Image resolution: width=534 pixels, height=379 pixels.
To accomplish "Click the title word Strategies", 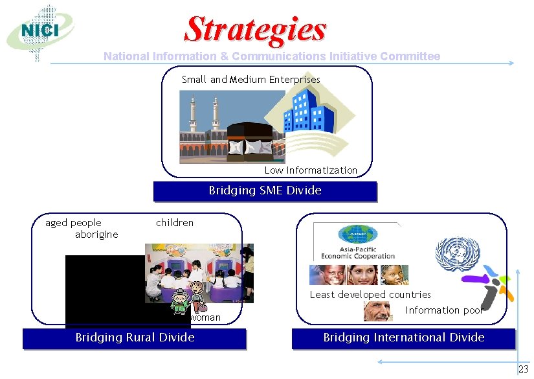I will point(256,29).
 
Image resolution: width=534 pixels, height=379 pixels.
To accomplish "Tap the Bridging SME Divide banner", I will point(265,191).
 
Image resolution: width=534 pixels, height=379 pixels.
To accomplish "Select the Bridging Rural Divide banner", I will point(135,338).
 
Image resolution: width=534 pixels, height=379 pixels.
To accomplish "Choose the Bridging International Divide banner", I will point(403,338).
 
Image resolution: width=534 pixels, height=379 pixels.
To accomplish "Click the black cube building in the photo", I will point(251,139).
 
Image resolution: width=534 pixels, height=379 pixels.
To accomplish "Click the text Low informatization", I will point(311,170).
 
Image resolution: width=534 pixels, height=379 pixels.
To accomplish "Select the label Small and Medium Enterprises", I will point(251,80).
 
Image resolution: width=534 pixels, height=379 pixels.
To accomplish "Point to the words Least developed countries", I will point(370,295).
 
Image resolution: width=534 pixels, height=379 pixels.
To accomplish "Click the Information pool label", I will point(444,310).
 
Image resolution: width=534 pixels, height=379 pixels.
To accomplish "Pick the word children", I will point(175,223).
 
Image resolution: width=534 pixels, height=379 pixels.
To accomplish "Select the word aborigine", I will point(96,235).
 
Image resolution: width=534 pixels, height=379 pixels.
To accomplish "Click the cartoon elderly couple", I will point(188,299).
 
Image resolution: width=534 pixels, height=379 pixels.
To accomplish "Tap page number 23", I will point(524,369).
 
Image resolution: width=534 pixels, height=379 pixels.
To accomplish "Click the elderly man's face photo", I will point(377,312).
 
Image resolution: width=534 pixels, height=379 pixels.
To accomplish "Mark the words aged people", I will point(73,223).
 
